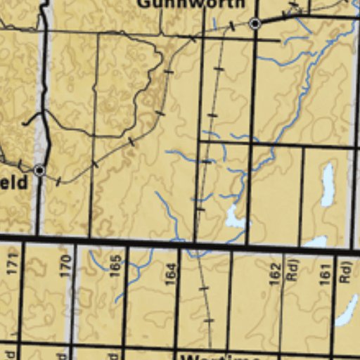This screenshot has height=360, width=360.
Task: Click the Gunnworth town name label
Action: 191,4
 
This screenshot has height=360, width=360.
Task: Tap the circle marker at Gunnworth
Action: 255,24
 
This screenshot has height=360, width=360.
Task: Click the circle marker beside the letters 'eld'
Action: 40,170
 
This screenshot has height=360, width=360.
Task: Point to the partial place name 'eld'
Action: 14,184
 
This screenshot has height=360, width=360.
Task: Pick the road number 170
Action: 65,266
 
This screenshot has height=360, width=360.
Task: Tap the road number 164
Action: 170,274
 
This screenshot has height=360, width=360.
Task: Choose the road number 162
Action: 274,273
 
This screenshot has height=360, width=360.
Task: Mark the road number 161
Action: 324,272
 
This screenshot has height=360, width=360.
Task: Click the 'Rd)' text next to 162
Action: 292,271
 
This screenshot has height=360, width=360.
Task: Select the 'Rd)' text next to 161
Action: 344,271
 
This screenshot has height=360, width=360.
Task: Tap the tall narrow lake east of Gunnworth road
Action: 327,184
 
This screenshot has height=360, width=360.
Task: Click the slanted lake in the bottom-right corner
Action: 346,311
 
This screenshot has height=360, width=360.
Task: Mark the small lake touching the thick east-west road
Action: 316,242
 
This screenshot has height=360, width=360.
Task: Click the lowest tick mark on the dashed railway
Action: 208,321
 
